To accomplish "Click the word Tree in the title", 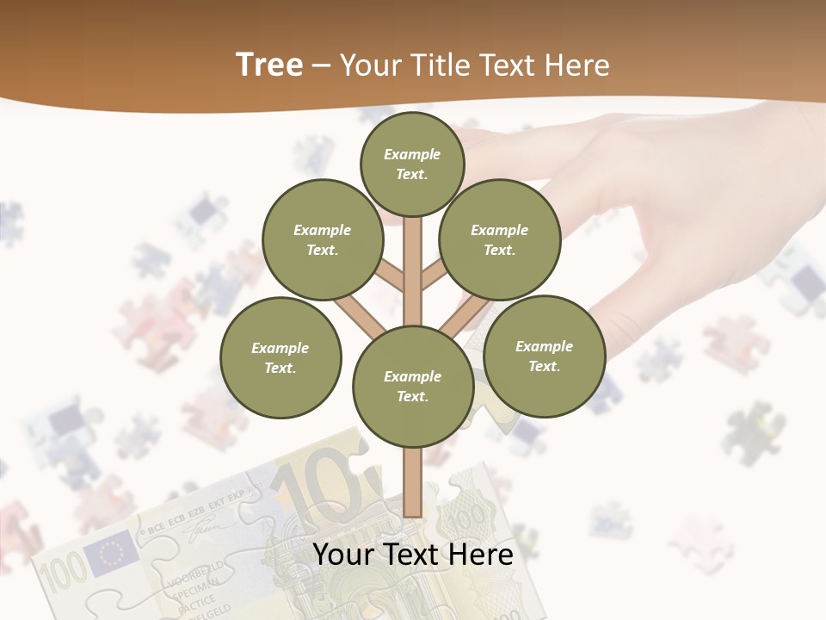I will (x=269, y=65).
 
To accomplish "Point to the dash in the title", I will (x=321, y=66).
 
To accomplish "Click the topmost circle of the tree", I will (x=412, y=164).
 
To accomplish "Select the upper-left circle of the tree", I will (x=323, y=239).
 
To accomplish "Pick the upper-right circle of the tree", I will (x=500, y=239).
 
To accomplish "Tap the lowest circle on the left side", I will (x=280, y=357).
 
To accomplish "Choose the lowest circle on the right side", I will (x=544, y=356).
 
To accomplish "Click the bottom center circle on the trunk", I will (x=413, y=386).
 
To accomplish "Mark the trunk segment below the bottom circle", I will (x=413, y=482).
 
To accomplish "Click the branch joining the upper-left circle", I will (x=390, y=277).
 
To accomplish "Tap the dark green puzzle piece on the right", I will (x=752, y=431).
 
